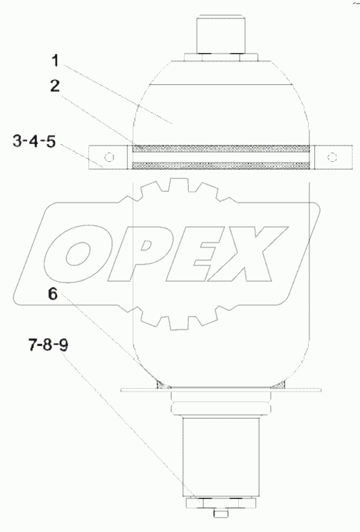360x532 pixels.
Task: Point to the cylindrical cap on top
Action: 222,34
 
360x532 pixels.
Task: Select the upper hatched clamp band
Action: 222,148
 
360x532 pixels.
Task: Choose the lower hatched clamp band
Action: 222,165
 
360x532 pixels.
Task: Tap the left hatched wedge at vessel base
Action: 161,385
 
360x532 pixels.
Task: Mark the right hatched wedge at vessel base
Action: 283,385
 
